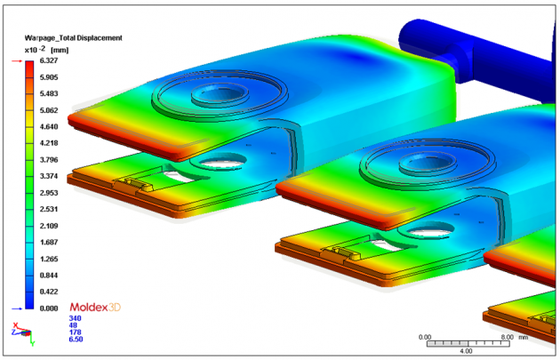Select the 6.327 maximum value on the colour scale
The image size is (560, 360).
point(49,62)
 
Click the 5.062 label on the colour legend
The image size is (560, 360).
point(49,111)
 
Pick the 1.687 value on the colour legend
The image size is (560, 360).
point(49,242)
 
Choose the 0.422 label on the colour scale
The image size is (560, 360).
point(49,291)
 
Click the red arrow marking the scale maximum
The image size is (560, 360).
point(15,62)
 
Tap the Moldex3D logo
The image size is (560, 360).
point(94,307)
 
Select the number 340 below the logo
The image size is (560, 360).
point(75,317)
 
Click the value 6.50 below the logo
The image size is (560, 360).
point(76,340)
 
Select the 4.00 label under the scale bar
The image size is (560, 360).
point(465,351)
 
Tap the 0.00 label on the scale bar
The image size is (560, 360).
point(425,336)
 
